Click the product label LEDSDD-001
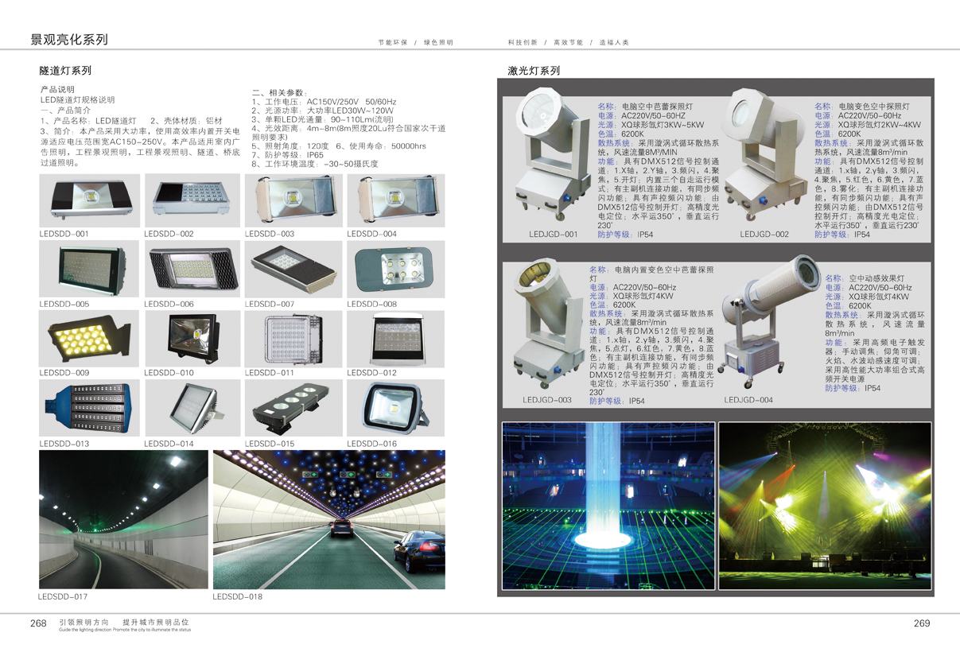(64, 234)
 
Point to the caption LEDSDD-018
(237, 596)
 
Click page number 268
(38, 623)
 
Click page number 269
(922, 623)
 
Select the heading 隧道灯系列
(66, 71)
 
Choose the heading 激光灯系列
(534, 71)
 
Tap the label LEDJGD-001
(553, 235)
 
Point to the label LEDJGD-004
(748, 400)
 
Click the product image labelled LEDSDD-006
(192, 269)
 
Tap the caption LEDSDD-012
(371, 373)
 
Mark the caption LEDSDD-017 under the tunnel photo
(63, 596)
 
